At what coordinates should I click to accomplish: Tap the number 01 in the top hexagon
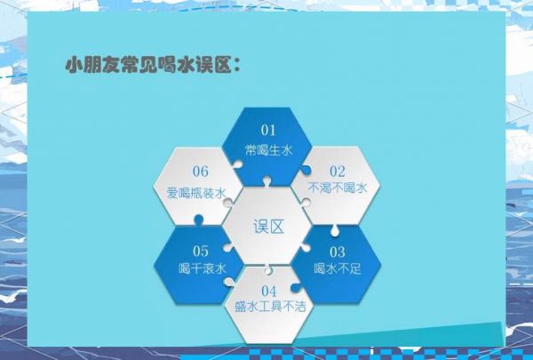[268, 130]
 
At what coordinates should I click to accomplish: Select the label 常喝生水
[268, 150]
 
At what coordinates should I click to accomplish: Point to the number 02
[338, 172]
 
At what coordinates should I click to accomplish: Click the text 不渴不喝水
[338, 188]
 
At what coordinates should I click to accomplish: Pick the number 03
[338, 252]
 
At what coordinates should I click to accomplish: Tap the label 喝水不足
[338, 268]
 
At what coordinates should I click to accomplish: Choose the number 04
[269, 292]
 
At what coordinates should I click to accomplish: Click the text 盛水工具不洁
[270, 307]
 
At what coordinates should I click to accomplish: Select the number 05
[200, 252]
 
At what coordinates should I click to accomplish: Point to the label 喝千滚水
[203, 268]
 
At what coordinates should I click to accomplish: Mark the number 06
[200, 172]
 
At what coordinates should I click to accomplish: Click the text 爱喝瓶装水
[196, 193]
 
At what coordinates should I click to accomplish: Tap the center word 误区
[268, 227]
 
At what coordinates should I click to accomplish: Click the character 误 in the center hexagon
[260, 227]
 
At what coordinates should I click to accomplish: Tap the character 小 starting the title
[75, 65]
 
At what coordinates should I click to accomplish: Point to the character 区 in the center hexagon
[276, 227]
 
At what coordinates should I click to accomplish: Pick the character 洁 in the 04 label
[300, 307]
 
